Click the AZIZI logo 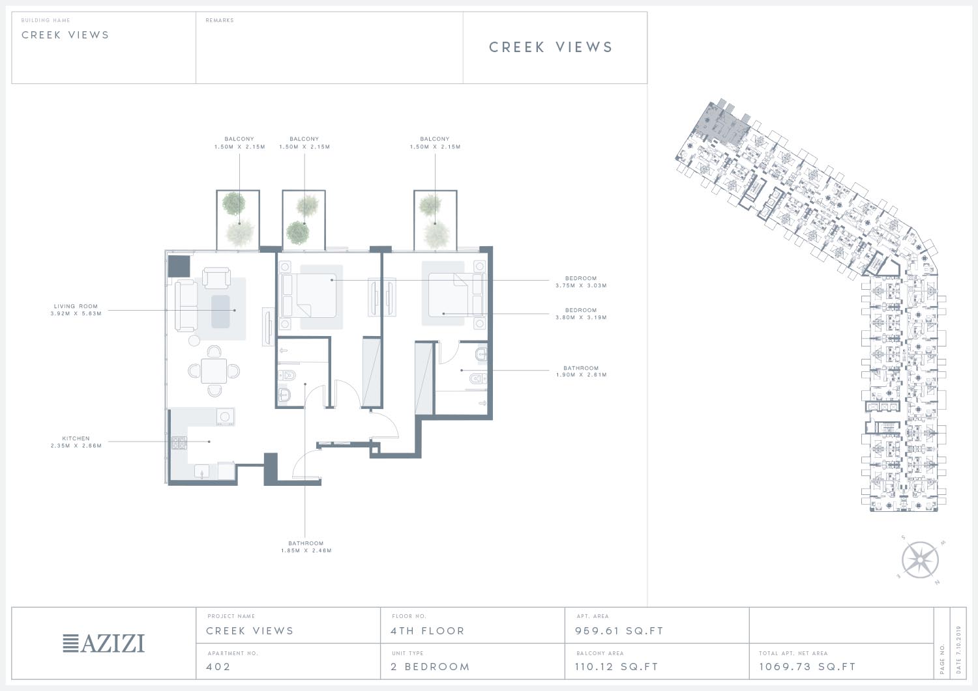click(x=104, y=643)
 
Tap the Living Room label click(x=76, y=306)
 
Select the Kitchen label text click(x=76, y=438)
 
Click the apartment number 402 click(x=218, y=666)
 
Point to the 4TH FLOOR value click(x=428, y=631)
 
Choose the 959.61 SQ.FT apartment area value click(x=619, y=631)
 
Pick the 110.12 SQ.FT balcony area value click(x=617, y=666)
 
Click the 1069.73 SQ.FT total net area click(x=807, y=666)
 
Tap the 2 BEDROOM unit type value click(x=430, y=666)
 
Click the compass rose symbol click(x=920, y=560)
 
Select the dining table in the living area click(x=214, y=371)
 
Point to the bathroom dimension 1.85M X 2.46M click(x=306, y=550)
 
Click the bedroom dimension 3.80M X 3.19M click(x=581, y=318)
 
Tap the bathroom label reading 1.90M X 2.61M click(x=581, y=374)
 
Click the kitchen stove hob click(x=179, y=443)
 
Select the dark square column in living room click(x=179, y=266)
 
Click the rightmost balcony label click(x=435, y=143)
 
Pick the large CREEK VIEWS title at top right click(x=551, y=47)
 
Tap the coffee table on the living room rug click(x=220, y=311)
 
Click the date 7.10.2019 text click(x=959, y=649)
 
